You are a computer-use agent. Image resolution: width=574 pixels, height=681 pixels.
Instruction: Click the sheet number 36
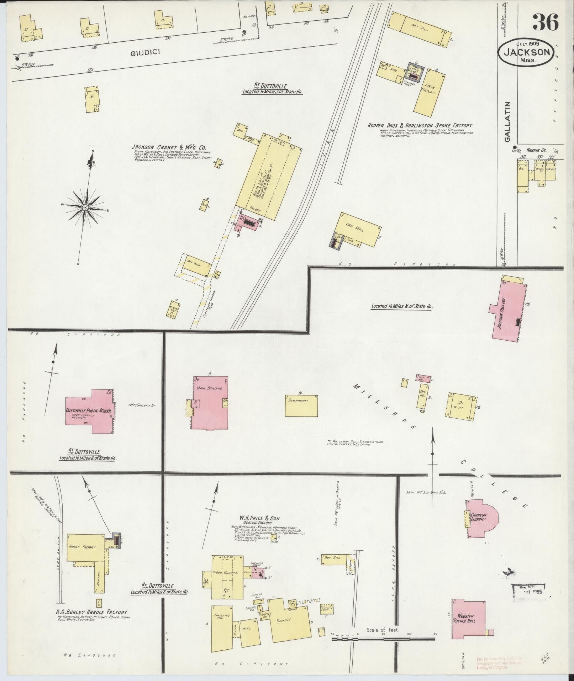point(545,22)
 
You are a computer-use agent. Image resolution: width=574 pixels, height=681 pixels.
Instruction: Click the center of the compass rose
point(85,207)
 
